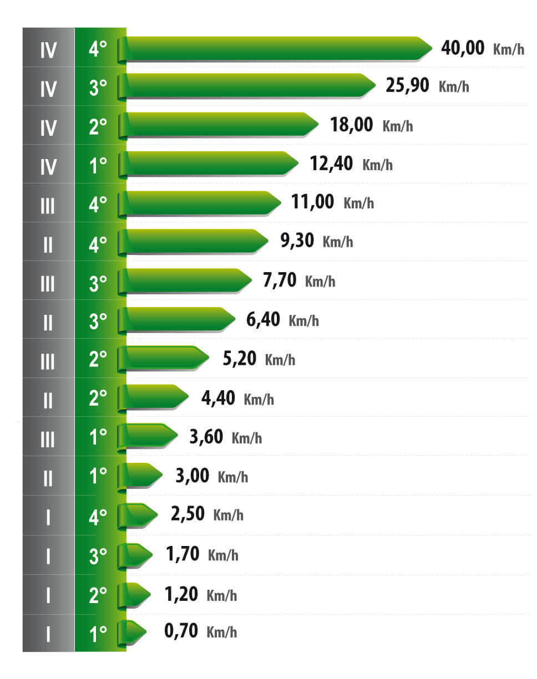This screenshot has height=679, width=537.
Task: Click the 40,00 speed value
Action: point(463,48)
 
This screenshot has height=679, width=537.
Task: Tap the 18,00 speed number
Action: point(351,125)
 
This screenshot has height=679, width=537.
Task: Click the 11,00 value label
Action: point(312,202)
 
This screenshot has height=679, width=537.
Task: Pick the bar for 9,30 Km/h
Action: point(194,242)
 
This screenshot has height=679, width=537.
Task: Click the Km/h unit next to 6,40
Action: point(304,320)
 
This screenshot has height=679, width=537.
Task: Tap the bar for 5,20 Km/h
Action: point(164,359)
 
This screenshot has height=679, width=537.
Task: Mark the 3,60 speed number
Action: point(206,436)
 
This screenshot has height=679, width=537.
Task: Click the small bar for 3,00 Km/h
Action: point(141,476)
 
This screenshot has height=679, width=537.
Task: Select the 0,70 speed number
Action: point(182,631)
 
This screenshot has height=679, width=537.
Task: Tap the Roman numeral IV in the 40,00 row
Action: point(48,50)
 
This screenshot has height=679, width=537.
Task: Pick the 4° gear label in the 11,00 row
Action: point(98,205)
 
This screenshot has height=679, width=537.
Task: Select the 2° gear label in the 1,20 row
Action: point(98,595)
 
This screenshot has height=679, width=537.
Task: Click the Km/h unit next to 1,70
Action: point(223,555)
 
